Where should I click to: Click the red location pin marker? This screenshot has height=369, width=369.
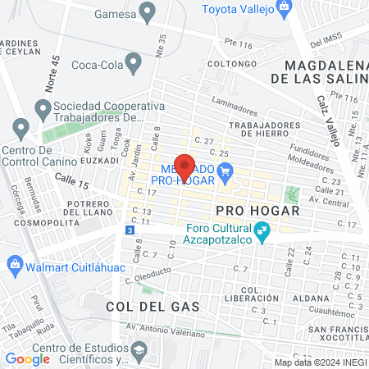click(x=184, y=166)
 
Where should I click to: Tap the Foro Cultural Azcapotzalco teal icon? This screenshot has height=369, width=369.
click(x=262, y=234)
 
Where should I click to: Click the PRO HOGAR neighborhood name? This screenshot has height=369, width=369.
click(x=253, y=210)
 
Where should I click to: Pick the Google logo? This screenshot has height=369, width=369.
click(x=27, y=358)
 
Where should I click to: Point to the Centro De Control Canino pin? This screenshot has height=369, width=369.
click(x=20, y=128)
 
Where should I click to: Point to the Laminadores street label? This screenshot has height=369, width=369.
click(x=234, y=104)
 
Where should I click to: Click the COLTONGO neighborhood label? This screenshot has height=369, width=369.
click(x=227, y=63)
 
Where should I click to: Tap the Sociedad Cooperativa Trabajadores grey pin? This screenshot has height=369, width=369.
click(x=42, y=107)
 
